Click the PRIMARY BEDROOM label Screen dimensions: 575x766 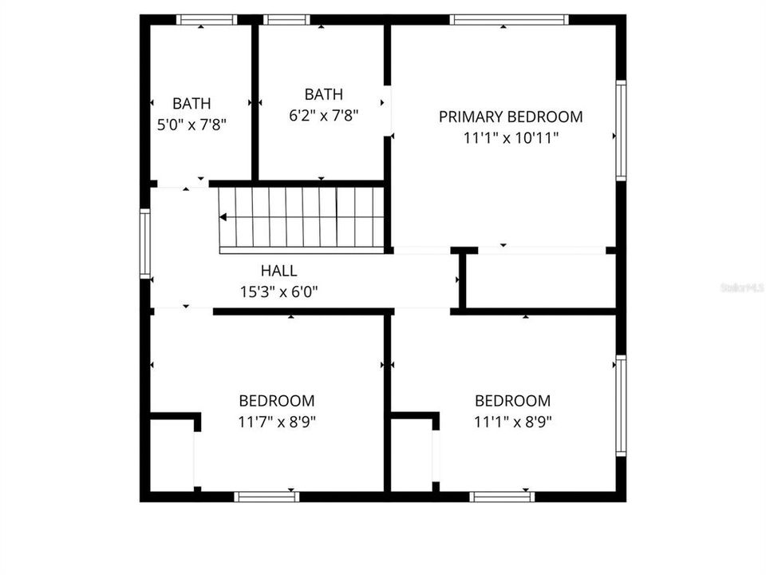(511, 117)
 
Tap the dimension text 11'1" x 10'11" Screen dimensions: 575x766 (511, 137)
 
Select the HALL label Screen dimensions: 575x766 (278, 272)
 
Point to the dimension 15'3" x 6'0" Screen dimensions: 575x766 (278, 292)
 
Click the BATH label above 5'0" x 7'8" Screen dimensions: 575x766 (192, 103)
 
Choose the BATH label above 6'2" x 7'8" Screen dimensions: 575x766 (324, 94)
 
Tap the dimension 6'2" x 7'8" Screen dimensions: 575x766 (324, 115)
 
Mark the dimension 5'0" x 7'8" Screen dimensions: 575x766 (192, 125)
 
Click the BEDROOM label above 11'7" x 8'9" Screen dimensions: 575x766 (277, 401)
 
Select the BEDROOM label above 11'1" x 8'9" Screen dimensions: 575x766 (512, 401)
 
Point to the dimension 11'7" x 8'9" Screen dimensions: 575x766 (277, 422)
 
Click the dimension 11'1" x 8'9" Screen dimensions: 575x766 (512, 422)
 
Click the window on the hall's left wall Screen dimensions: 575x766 (145, 244)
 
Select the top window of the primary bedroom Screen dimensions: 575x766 (509, 20)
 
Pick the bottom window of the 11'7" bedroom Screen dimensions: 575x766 (267, 497)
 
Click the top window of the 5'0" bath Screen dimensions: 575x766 (207, 20)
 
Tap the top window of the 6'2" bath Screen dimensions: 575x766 (286, 20)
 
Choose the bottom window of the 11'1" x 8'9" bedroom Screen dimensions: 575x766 (502, 497)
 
